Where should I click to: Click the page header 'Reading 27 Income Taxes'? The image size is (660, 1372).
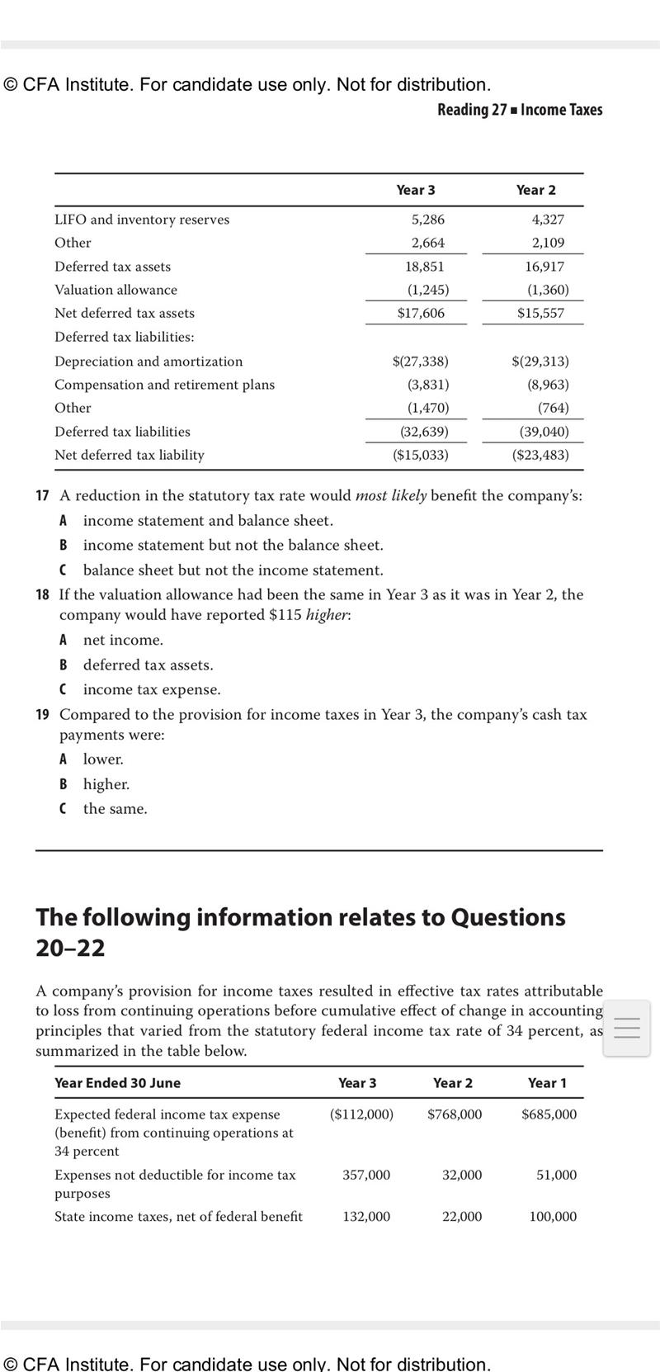point(520,110)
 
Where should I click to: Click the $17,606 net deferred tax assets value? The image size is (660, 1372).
point(421,313)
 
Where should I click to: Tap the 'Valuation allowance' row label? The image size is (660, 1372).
point(115,290)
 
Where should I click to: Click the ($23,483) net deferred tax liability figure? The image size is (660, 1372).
point(540,455)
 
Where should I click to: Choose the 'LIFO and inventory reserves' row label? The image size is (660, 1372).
point(142,220)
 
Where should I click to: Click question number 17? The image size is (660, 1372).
point(42,496)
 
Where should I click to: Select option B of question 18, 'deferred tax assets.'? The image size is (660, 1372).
point(148,665)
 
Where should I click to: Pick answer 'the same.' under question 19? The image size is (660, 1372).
point(115,809)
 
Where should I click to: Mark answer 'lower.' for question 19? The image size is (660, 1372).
point(103,759)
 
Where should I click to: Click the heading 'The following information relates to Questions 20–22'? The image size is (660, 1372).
point(300,932)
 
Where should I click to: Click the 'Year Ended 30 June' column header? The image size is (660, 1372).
point(117,1083)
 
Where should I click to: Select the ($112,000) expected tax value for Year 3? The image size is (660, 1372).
point(361,1114)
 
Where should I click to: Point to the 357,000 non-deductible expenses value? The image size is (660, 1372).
point(366,1175)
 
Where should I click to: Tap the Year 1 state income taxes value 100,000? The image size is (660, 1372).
point(553,1216)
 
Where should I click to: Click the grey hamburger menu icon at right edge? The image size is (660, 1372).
point(627,1028)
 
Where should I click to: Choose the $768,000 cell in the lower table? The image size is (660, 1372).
point(455,1114)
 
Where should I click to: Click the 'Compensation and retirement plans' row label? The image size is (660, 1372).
point(164,385)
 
